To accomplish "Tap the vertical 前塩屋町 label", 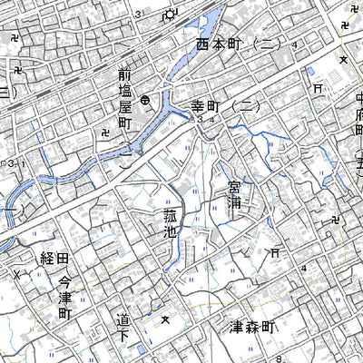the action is coord(124,99).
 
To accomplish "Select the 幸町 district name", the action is coord(211,107).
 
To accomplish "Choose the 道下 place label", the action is coord(123,328).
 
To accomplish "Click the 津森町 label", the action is coord(247,326).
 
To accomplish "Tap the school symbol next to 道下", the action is coord(165,319).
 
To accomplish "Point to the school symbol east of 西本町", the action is coord(343,59).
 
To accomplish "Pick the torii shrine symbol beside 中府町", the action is coord(317,88).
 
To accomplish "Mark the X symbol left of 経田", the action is coord(15,273).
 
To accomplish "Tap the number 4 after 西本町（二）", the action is coord(295,44).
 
